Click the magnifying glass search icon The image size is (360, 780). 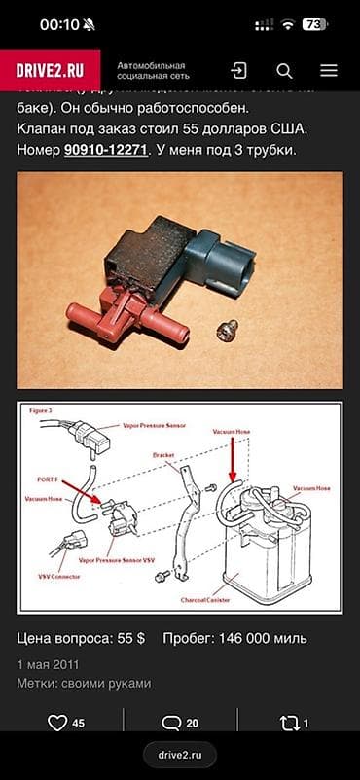pyautogui.click(x=284, y=70)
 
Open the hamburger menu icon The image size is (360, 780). pyautogui.click(x=329, y=70)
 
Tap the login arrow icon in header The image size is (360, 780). pyautogui.click(x=238, y=70)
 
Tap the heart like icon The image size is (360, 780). pyautogui.click(x=57, y=723)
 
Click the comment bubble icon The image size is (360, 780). pyautogui.click(x=171, y=723)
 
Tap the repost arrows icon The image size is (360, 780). pyautogui.click(x=290, y=723)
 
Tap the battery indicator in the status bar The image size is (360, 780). pyautogui.click(x=314, y=24)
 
